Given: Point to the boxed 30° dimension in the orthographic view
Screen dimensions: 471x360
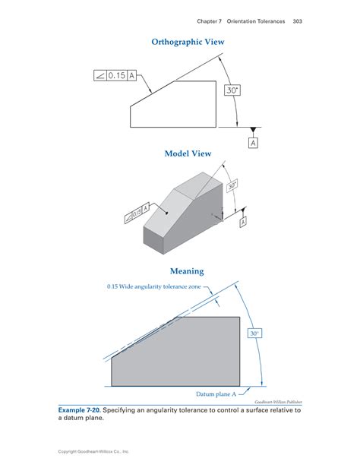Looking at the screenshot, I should [x=232, y=90].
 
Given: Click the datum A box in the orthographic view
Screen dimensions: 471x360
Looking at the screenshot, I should [x=252, y=141].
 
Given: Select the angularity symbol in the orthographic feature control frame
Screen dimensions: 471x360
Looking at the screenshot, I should [x=99, y=75].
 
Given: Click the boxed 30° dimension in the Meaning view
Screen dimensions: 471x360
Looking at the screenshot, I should [x=255, y=333].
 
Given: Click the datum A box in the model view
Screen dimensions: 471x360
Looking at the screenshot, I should [x=243, y=223].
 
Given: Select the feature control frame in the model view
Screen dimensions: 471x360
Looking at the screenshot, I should [x=134, y=212].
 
